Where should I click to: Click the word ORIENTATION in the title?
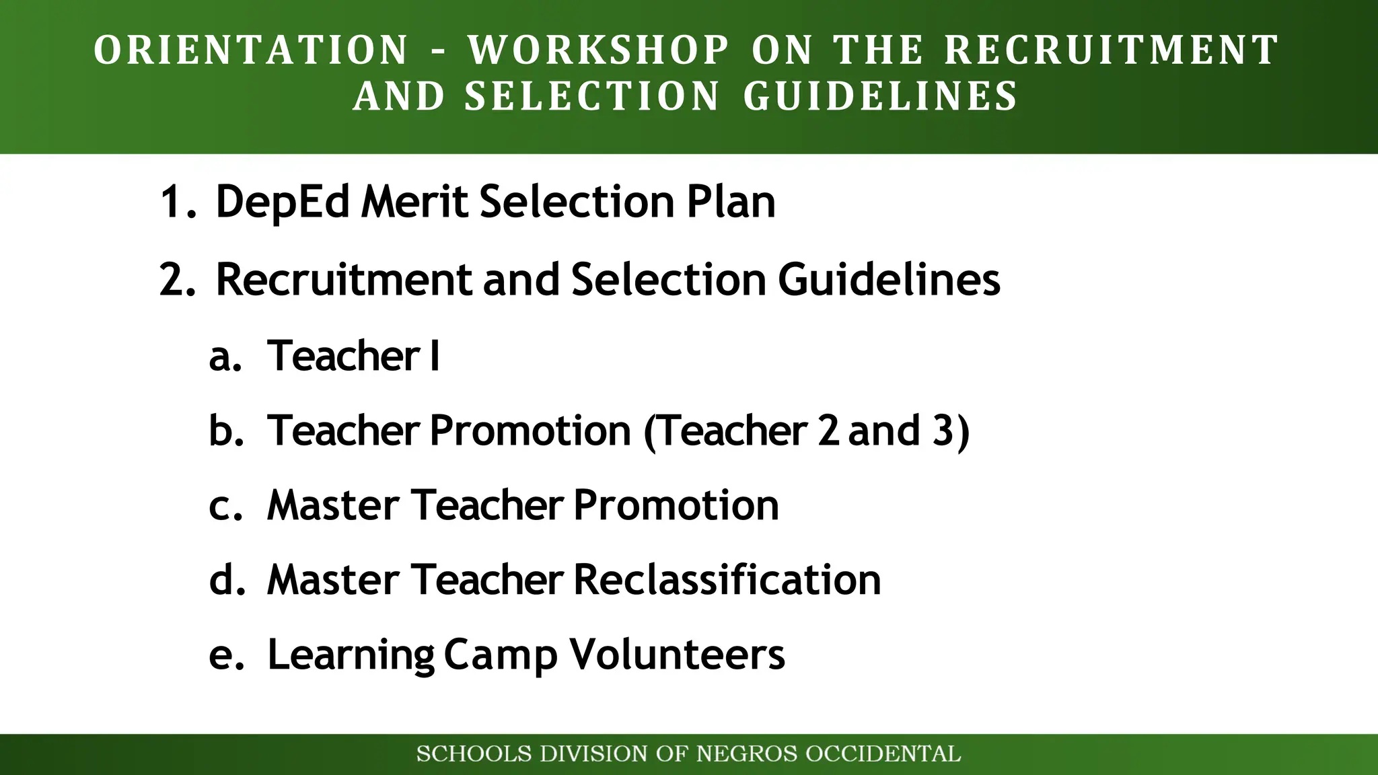point(251,50)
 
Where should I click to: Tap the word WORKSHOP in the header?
point(599,50)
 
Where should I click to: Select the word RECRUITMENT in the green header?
point(1112,50)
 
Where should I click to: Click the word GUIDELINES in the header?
point(881,96)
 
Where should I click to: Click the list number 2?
point(175,279)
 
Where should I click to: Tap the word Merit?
point(414,202)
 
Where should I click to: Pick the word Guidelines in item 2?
point(889,279)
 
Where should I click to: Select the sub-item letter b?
point(223,431)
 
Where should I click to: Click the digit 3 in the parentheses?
point(942,431)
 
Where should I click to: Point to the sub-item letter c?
point(222,506)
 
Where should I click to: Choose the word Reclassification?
point(727,580)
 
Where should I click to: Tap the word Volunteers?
point(677,654)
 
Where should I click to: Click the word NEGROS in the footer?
point(747,754)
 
